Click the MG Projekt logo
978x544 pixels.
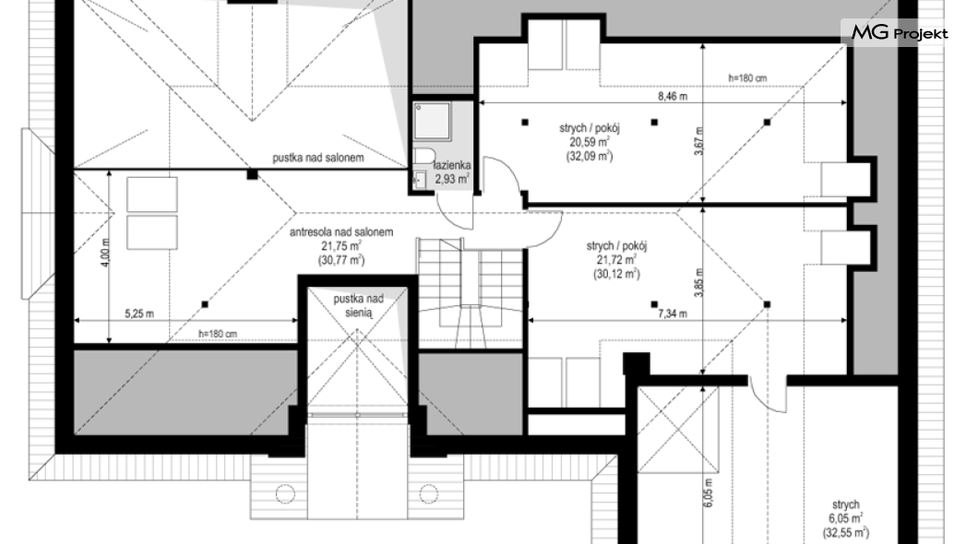tap(900, 32)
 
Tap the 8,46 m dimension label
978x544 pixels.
tap(673, 97)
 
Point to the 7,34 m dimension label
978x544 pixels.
tap(673, 313)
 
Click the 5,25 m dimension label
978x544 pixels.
tap(139, 313)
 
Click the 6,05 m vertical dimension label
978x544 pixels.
tap(708, 492)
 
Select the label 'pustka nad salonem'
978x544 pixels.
tap(318, 158)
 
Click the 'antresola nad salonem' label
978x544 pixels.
tap(341, 231)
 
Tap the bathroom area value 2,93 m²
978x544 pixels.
tap(452, 179)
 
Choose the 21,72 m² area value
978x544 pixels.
tap(616, 260)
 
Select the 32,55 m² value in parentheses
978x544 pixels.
tap(846, 532)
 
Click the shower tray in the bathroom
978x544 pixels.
tap(432, 121)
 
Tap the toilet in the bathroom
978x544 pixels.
tap(424, 155)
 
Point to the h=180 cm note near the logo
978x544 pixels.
tap(747, 78)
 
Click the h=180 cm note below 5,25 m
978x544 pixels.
tap(218, 334)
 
